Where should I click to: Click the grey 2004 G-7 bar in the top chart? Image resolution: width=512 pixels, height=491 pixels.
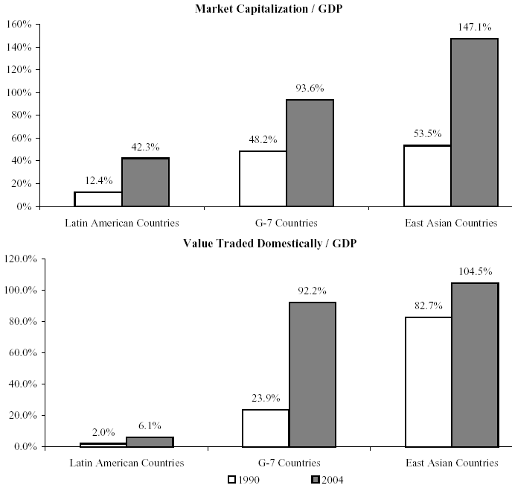(x=310, y=153)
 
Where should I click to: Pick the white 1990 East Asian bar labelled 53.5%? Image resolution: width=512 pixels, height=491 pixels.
(x=427, y=176)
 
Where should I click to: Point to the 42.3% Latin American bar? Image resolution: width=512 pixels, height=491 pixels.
(x=145, y=182)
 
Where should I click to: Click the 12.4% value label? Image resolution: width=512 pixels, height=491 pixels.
(x=98, y=181)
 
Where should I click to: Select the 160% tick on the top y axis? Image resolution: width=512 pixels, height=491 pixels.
(x=18, y=25)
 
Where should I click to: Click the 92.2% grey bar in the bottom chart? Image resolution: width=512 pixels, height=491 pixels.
(x=312, y=374)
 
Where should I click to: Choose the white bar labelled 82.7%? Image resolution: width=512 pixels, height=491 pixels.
(x=428, y=381)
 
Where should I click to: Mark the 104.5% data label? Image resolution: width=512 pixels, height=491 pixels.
(x=475, y=272)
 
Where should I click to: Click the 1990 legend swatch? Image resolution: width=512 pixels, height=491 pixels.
(x=231, y=479)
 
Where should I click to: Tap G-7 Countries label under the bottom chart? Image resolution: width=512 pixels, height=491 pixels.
(x=289, y=463)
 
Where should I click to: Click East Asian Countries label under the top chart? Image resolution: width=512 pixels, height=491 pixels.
(x=451, y=223)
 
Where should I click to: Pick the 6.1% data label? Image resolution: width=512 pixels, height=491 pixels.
(x=150, y=426)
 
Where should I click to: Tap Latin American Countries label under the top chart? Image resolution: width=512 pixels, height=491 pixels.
(x=122, y=223)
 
